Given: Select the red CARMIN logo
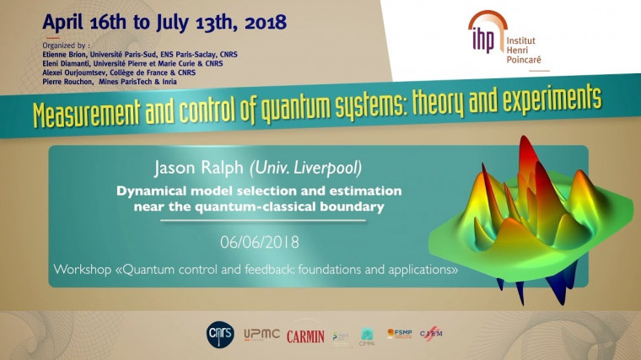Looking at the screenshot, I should (x=305, y=336).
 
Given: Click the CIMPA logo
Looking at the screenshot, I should (x=367, y=336).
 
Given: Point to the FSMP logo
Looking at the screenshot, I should (x=399, y=334).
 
